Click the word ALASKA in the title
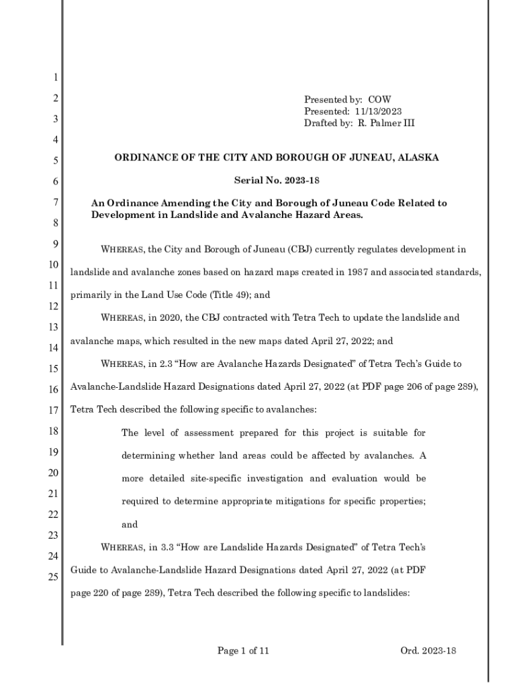416,158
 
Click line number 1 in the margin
55,78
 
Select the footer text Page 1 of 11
243,650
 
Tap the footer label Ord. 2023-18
428,650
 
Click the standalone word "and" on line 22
130,525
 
